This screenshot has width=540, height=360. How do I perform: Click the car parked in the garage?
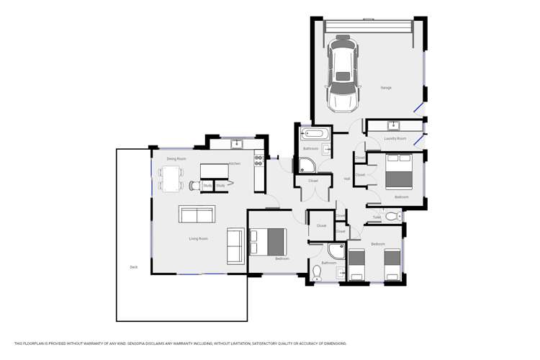coord(343,74)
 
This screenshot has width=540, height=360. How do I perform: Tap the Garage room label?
coord(386,88)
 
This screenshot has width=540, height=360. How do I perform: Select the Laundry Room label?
coord(395,138)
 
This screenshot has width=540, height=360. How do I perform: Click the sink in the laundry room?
coord(395,126)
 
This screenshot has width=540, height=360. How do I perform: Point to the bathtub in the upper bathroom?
coord(315,133)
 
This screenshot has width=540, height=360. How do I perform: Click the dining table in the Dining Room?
coord(171,179)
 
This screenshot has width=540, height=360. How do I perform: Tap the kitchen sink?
coord(237,144)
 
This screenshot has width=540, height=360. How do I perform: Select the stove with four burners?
coord(258,160)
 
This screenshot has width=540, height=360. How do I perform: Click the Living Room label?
coord(198,238)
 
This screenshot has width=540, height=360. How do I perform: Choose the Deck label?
coord(133,267)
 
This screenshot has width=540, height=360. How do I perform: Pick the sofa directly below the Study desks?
coord(197,215)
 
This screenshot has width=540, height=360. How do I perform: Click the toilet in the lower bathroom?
coord(317,273)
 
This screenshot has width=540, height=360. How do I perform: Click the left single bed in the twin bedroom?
coord(356,264)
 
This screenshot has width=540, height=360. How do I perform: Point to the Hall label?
coord(346,179)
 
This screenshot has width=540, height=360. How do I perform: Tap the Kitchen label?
coord(235,163)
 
